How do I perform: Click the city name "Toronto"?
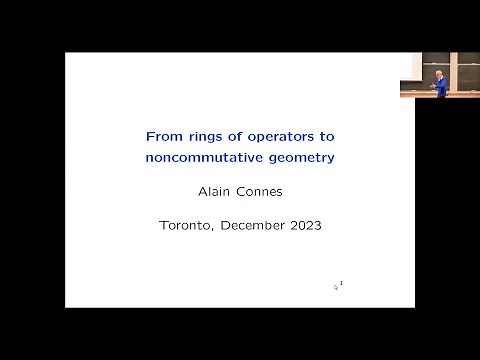tap(186, 225)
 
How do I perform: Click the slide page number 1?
tap(342, 284)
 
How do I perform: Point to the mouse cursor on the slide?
tap(336, 287)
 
